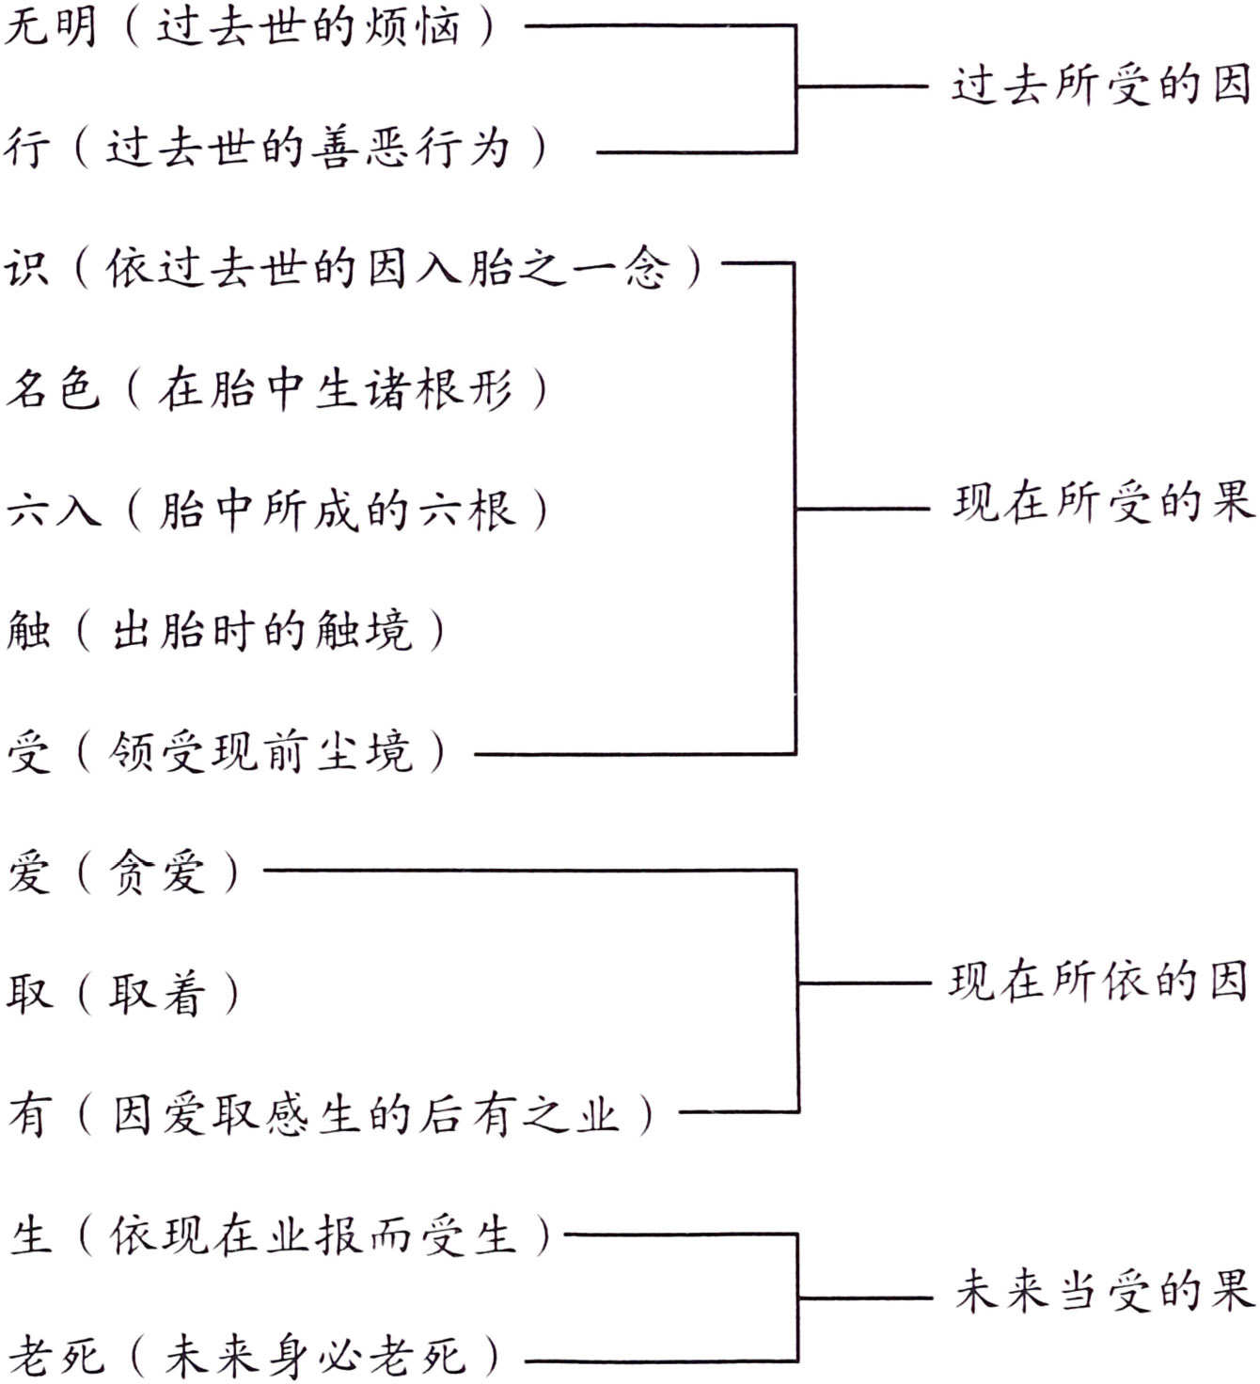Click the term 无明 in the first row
[51, 25]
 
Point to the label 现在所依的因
[1097, 982]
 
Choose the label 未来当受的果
[1104, 1290]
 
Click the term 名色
[53, 388]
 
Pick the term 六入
[53, 510]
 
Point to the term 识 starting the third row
[26, 268]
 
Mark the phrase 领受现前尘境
[260, 752]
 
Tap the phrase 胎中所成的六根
[337, 510]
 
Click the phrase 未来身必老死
[315, 1355]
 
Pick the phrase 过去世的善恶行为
[307, 148]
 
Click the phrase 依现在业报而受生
[313, 1235]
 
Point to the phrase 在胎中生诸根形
[336, 388]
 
